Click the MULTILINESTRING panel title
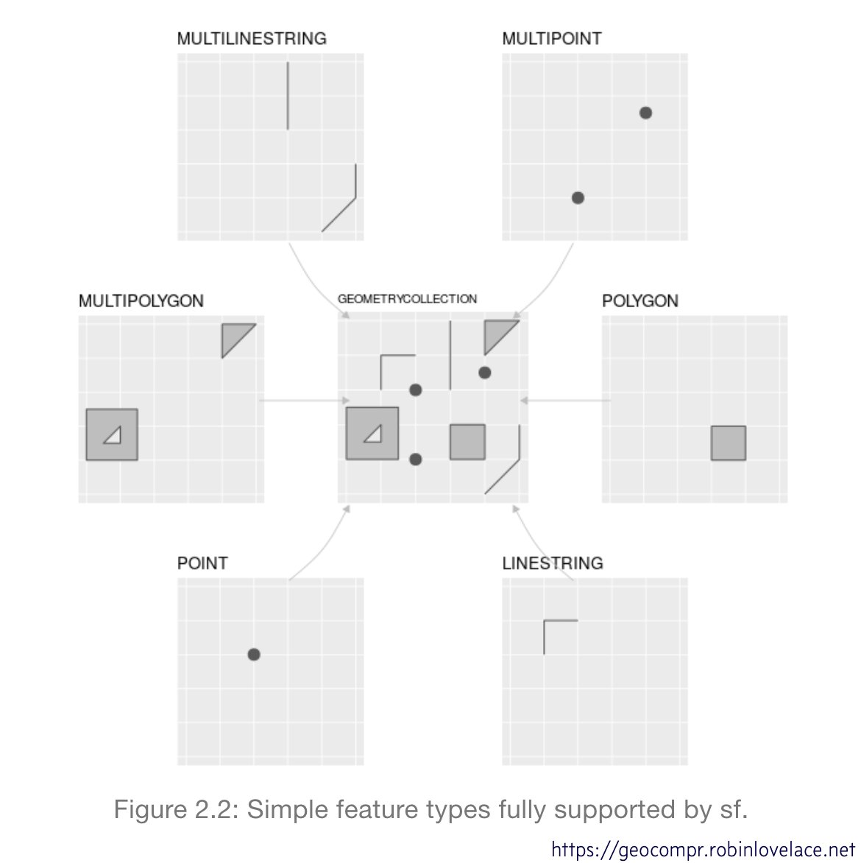point(252,38)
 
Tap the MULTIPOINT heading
point(551,38)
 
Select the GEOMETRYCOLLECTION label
point(407,299)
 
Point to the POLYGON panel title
point(639,300)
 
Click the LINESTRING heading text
point(552,563)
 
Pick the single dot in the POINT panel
point(254,655)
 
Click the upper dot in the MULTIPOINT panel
point(645,113)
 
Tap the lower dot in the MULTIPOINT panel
point(578,197)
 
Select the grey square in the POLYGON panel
point(728,443)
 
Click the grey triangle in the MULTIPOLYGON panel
point(233,335)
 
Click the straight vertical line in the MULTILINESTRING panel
point(288,96)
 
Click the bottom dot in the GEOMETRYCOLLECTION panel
point(415,459)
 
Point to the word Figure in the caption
point(150,810)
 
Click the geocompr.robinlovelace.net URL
point(703,850)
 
